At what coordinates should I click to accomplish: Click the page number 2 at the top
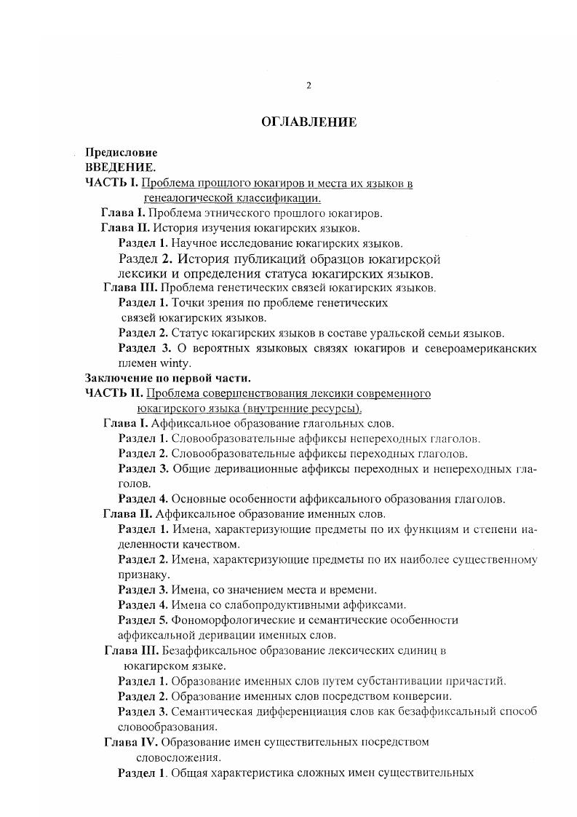pos(309,85)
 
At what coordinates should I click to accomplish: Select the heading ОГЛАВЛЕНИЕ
pos(309,122)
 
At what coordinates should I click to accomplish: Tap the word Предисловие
pos(122,154)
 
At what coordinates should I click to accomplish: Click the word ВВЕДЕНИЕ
pos(116,167)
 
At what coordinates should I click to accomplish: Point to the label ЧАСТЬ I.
pos(111,183)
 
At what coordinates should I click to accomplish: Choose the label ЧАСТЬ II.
pos(114,394)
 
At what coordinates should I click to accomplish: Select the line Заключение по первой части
pos(167,378)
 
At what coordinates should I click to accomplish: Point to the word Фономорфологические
pos(228,620)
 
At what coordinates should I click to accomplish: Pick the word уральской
pos(389,333)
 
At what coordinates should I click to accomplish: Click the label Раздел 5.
pos(143,620)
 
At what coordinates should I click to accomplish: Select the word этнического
pos(241,213)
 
